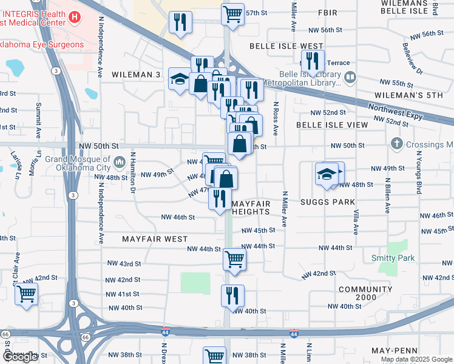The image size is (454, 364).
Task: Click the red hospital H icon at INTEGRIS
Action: [75, 18]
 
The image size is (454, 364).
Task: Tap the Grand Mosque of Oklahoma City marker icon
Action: [119, 162]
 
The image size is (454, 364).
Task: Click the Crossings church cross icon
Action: [397, 144]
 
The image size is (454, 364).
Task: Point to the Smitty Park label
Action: [393, 258]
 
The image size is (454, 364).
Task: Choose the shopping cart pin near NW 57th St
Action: [233, 13]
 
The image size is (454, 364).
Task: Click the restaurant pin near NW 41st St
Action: [232, 295]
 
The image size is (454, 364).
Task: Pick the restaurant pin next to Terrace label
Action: [313, 61]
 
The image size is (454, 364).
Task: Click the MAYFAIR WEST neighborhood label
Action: [155, 239]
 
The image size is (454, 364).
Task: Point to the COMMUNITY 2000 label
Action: [366, 294]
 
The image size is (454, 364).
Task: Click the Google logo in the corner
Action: [20, 357]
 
